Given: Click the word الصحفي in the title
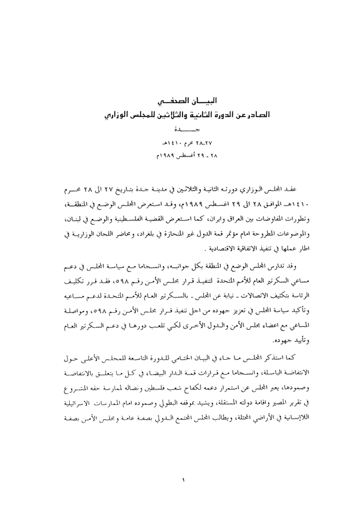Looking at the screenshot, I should click(163, 101).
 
